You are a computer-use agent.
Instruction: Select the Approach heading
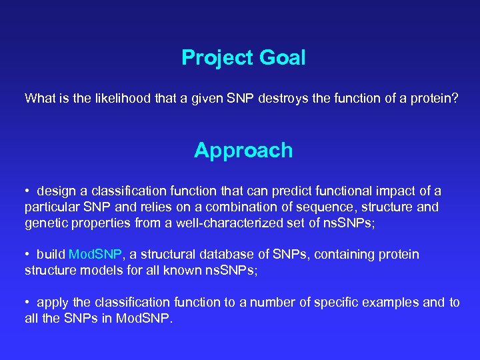click(x=243, y=151)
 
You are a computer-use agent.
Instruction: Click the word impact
click(x=405, y=191)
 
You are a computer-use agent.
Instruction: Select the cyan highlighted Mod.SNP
click(x=96, y=255)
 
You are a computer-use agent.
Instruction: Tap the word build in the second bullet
click(x=51, y=255)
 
